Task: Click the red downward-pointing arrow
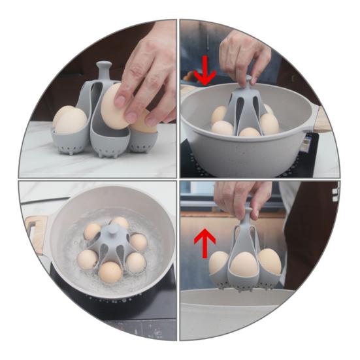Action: click(x=205, y=71)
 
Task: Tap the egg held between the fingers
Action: click(x=116, y=106)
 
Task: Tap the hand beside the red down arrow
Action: click(x=245, y=56)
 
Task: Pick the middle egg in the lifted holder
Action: click(x=244, y=264)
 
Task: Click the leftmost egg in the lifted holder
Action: click(x=218, y=261)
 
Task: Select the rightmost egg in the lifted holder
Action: click(x=270, y=261)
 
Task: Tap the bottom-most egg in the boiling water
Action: click(x=110, y=272)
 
